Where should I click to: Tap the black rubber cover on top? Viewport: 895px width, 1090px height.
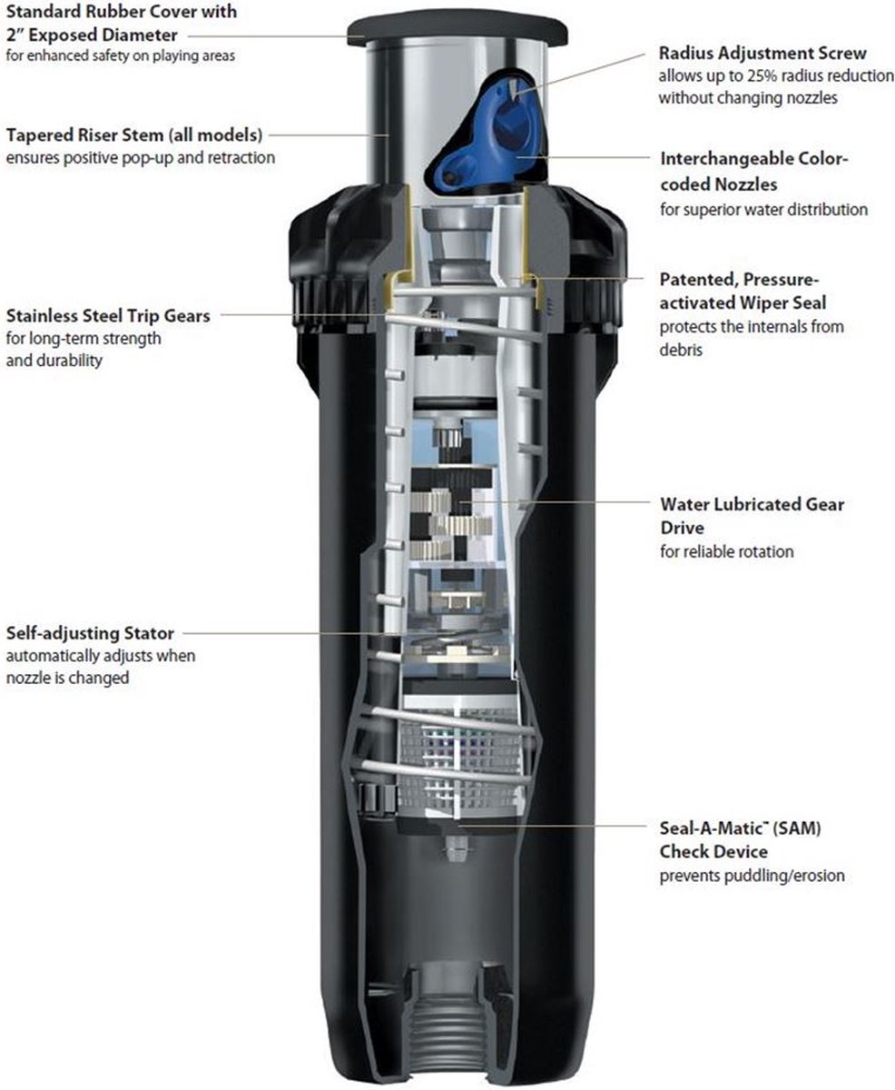click(457, 30)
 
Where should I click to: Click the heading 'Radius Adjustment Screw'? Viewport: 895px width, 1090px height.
click(762, 54)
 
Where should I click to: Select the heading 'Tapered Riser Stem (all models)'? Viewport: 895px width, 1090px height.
click(134, 135)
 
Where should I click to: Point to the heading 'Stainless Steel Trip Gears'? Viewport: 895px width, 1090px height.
click(108, 316)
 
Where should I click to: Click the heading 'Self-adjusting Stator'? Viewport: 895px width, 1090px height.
click(90, 633)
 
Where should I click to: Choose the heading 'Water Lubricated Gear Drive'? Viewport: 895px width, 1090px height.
click(752, 516)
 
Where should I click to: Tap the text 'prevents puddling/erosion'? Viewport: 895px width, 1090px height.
click(752, 876)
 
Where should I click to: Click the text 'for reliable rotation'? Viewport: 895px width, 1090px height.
click(727, 551)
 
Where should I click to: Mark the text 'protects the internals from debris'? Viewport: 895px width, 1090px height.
click(752, 338)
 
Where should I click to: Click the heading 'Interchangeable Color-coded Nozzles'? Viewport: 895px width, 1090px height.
click(754, 171)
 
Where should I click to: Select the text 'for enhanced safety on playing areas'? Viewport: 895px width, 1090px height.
click(121, 55)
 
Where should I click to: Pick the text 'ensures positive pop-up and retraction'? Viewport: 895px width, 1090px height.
click(140, 158)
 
